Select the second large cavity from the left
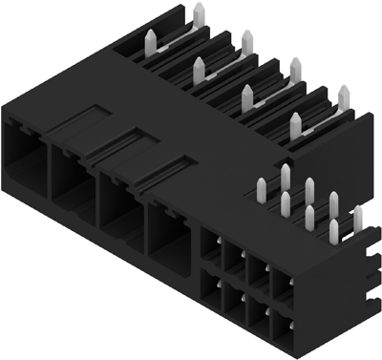pyautogui.click(x=72, y=177)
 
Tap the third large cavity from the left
pyautogui.click(x=120, y=201)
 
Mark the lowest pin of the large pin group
pyautogui.click(x=295, y=125)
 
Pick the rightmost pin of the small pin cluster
pyautogui.click(x=358, y=219)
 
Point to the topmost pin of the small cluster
pyautogui.click(x=286, y=176)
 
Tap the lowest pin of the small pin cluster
pyautogui.click(x=331, y=233)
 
